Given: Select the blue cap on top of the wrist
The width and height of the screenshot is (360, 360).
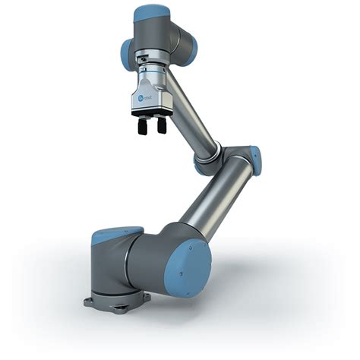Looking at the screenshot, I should click(x=150, y=13).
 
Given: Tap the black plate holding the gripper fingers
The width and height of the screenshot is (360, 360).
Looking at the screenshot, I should click(x=150, y=114).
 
